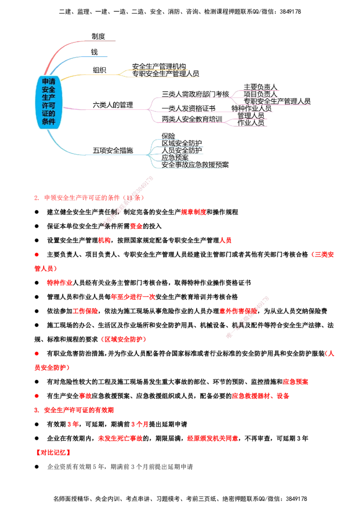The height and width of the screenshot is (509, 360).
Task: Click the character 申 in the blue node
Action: pyautogui.click(x=45, y=82)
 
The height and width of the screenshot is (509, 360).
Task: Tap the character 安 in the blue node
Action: pyautogui.click(x=45, y=90)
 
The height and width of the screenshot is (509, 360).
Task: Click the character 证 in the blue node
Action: pyautogui.click(x=45, y=114)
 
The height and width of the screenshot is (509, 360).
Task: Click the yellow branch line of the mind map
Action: pyautogui.click(x=90, y=74)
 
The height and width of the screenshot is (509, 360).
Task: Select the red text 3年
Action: pyautogui.click(x=73, y=424)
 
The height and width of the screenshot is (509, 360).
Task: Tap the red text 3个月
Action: pyautogui.click(x=139, y=424)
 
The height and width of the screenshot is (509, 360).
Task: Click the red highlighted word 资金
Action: pyautogui.click(x=136, y=227)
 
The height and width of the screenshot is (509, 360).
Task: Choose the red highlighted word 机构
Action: pyautogui.click(x=104, y=241)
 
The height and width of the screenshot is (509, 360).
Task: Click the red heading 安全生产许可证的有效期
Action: pyautogui.click(x=79, y=410)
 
